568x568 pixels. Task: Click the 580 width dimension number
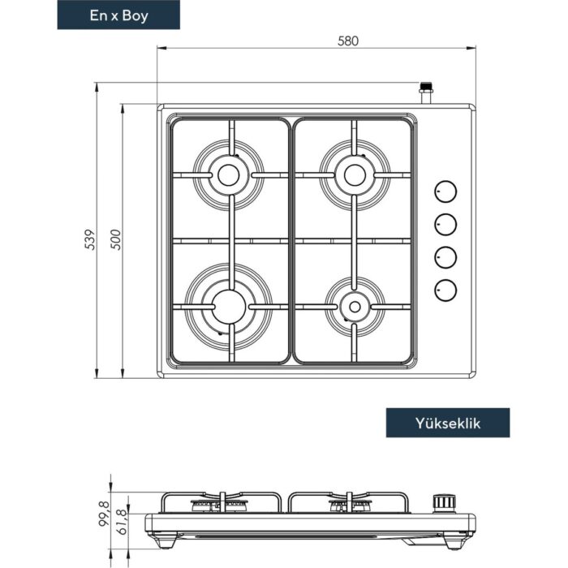point(348,41)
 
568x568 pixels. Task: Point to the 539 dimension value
point(90,239)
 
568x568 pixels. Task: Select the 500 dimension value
point(115,239)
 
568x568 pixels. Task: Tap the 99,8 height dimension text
point(104,514)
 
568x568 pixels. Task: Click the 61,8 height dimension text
point(122,522)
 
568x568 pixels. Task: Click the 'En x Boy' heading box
point(118,15)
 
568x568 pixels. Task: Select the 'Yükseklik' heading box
point(448,423)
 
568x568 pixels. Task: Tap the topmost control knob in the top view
point(445,191)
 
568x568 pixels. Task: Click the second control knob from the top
point(445,224)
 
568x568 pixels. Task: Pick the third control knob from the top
point(445,257)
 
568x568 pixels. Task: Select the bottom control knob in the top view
point(445,290)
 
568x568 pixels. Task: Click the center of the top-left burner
point(229,175)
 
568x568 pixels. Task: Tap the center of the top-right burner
point(355,175)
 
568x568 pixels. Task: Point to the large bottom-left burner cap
point(229,308)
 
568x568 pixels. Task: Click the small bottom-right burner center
point(355,307)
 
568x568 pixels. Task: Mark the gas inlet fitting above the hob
point(426,93)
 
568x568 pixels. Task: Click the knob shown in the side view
point(444,504)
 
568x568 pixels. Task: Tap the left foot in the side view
point(166,540)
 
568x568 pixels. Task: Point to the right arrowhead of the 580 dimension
point(471,48)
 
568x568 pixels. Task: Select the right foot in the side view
point(454,542)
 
